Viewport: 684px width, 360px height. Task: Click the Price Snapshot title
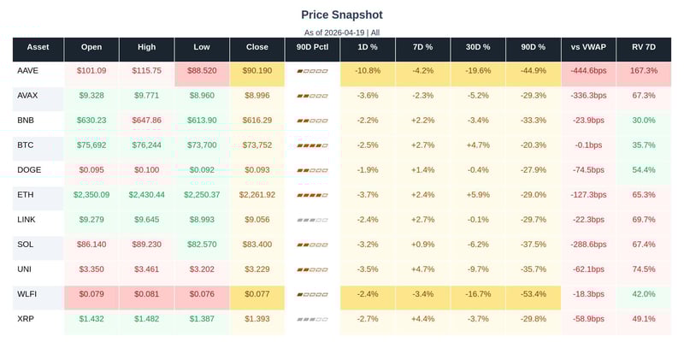click(342, 15)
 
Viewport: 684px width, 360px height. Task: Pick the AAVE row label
click(27, 71)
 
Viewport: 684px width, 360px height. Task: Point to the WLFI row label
click(27, 294)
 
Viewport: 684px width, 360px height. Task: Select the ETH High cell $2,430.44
click(146, 195)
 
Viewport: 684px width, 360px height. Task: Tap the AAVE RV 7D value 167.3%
click(643, 71)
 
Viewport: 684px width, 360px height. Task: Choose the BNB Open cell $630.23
click(91, 121)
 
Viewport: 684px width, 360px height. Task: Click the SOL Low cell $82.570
click(202, 245)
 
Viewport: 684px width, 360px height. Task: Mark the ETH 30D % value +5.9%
click(478, 195)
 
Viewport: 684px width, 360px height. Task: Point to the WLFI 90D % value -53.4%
click(533, 294)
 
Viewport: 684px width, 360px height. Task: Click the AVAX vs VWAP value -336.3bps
click(588, 96)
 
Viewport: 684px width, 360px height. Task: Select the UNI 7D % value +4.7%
click(422, 269)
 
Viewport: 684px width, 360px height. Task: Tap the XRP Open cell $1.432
click(91, 319)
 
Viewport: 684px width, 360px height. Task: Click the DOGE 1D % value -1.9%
click(368, 170)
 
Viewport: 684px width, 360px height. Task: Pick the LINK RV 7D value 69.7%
click(643, 220)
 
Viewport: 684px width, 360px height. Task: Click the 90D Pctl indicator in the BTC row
click(312, 146)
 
